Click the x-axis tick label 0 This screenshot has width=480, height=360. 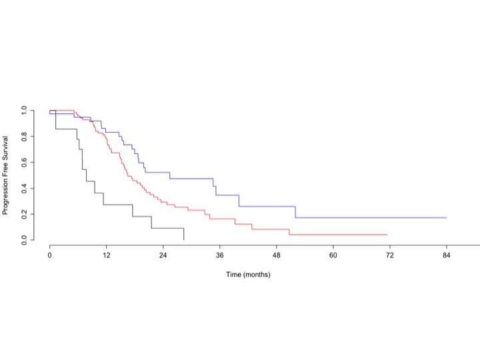coord(49,255)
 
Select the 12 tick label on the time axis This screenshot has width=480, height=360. coord(106,255)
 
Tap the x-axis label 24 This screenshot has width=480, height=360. coord(163,255)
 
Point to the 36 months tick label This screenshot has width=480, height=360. coord(219,255)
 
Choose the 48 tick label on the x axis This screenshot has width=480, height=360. coord(277,255)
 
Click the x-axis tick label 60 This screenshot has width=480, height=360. coord(333,255)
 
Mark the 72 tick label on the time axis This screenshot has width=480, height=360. coord(390,255)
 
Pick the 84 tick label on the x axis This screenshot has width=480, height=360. coord(446,255)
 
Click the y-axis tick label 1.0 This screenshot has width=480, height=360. coord(24,110)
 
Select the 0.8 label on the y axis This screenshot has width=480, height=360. coord(24,136)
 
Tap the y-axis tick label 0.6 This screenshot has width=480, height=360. coord(24,162)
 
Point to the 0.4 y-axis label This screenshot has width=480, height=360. coord(24,188)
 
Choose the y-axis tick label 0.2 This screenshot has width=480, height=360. coord(24,214)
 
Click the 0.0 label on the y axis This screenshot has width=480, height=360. coord(24,240)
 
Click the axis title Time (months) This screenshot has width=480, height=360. coord(248,275)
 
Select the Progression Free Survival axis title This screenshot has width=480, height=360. coord(5,175)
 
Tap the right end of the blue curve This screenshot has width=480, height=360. coord(446,217)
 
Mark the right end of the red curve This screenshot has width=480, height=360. coord(387,235)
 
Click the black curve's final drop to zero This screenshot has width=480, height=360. coord(184,234)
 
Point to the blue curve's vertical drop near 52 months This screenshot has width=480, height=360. coord(295,212)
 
